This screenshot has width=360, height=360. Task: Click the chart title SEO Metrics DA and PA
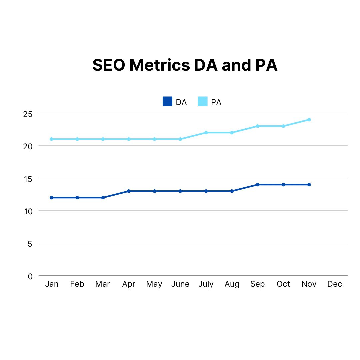tap(185, 65)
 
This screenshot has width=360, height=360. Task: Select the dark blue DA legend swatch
tap(167, 101)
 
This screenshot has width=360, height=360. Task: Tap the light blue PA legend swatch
tap(203, 101)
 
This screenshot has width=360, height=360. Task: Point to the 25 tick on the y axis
tap(28, 114)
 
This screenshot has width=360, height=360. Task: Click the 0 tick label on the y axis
tap(30, 276)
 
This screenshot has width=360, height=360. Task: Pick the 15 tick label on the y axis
tap(28, 179)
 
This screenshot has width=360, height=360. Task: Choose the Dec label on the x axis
tap(335, 284)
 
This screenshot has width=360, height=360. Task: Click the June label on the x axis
tap(180, 284)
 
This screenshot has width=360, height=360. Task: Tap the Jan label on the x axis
tap(52, 284)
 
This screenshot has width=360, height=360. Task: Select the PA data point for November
tap(309, 120)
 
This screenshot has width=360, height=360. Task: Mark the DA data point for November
tap(309, 185)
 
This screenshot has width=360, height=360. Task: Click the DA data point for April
tap(129, 191)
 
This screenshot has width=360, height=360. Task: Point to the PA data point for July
tap(206, 133)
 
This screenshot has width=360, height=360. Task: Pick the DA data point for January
tap(51, 198)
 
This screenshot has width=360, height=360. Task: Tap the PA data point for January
tap(51, 139)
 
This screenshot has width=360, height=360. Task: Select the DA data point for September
tap(258, 185)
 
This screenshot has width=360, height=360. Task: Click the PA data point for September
tap(258, 126)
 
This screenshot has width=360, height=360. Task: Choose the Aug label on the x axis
tap(232, 284)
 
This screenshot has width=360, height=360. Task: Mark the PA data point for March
tap(103, 139)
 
